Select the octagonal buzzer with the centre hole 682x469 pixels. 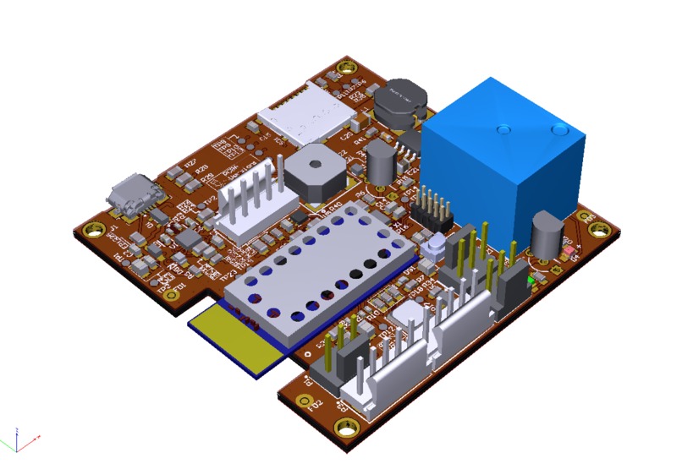coord(316,171)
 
